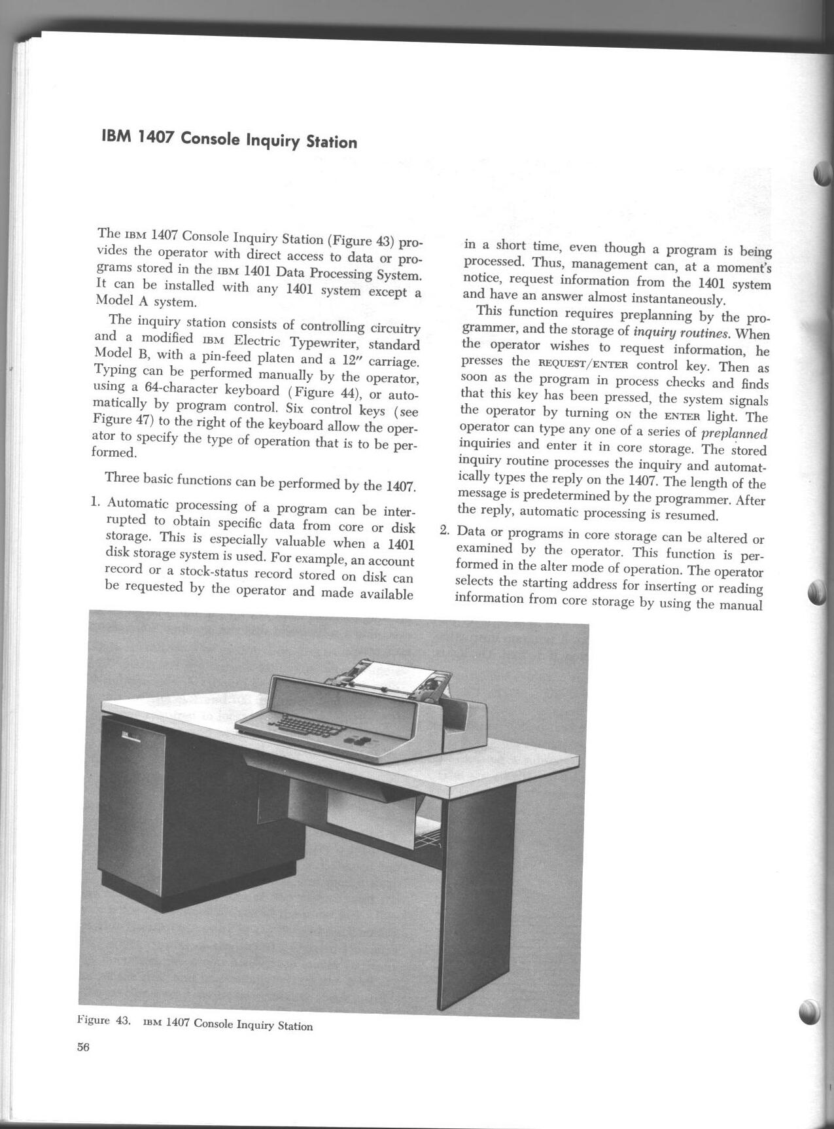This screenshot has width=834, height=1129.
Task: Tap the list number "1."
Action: pyautogui.click(x=96, y=503)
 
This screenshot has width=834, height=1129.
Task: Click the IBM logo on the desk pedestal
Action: pyautogui.click(x=126, y=735)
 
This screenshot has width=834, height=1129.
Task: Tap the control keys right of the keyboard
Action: pyautogui.click(x=359, y=742)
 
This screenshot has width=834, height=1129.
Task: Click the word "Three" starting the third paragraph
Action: pyautogui.click(x=120, y=477)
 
